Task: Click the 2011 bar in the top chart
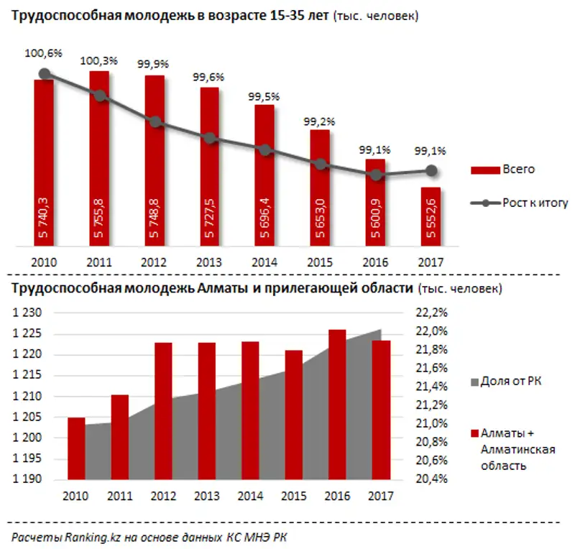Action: (99, 158)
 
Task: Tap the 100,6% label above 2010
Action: (45, 52)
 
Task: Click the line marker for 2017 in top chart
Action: (431, 170)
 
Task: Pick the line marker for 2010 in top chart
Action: (45, 73)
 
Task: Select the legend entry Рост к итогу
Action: (517, 203)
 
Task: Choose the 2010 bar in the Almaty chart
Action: (76, 448)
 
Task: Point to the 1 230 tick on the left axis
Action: (29, 313)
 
